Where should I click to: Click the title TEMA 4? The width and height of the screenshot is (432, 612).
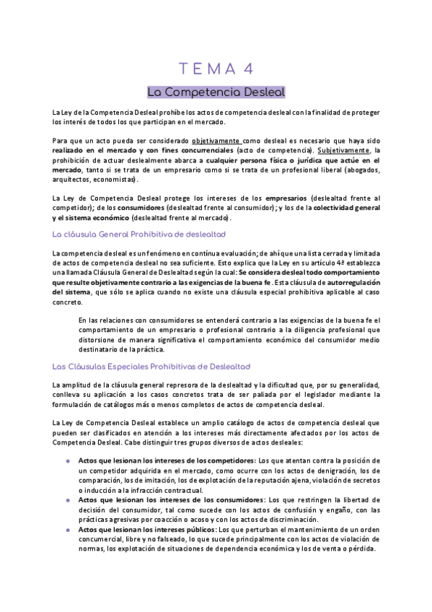point(216,69)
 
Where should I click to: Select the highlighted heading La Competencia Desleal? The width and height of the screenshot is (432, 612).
point(216,92)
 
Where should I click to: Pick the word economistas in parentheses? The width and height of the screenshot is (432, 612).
point(128,178)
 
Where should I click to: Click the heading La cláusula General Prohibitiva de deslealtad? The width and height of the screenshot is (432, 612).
point(139,235)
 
